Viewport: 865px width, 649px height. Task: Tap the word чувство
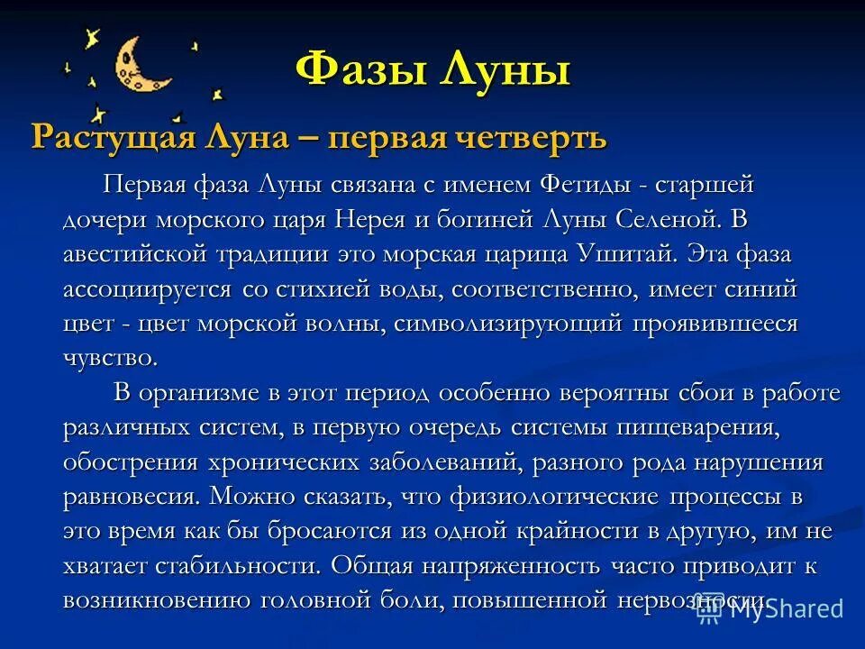[110, 358]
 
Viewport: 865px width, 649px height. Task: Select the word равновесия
[130, 497]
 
